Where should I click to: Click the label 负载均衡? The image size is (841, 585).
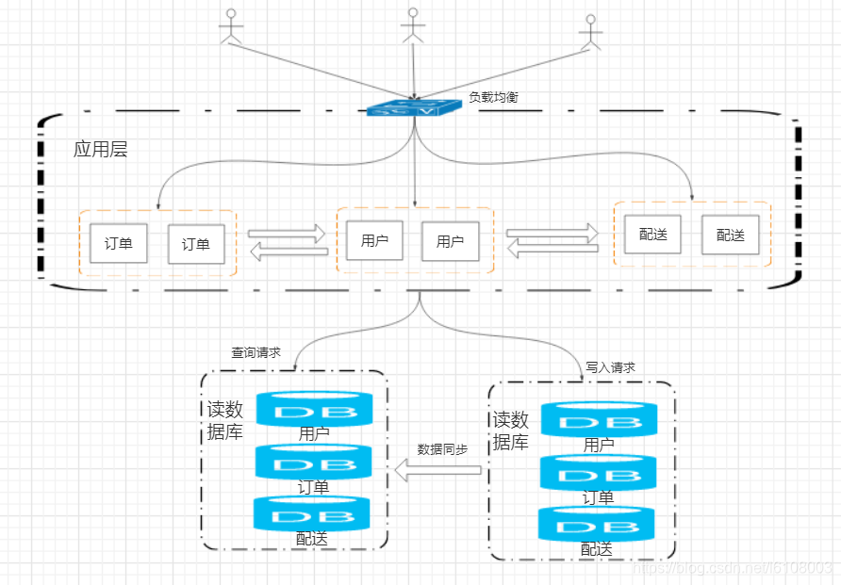(493, 97)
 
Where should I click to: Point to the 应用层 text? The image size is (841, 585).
(100, 150)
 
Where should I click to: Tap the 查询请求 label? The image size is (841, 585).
(256, 353)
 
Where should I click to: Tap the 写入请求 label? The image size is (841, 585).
(610, 367)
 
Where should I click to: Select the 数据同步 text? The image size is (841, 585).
(442, 449)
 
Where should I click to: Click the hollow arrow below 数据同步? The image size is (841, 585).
(438, 470)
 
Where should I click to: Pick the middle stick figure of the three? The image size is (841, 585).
(410, 25)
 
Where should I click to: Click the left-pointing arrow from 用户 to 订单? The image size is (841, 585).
(287, 251)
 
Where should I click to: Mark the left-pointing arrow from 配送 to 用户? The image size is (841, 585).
(552, 249)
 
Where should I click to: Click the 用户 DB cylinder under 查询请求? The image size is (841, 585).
(314, 410)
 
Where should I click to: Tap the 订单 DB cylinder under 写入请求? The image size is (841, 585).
(598, 472)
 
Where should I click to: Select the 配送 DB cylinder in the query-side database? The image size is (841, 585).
(312, 513)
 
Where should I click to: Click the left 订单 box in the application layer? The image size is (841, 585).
(119, 243)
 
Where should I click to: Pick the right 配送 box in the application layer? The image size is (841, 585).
(730, 235)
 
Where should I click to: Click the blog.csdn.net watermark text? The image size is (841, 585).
(733, 568)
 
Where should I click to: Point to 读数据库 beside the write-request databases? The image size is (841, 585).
(511, 431)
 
